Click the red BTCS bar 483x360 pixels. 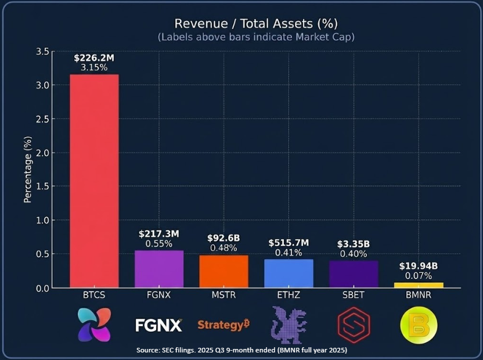tap(94, 181)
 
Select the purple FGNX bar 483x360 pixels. tap(159, 269)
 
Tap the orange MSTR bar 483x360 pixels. tap(224, 271)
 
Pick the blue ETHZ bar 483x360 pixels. tap(289, 273)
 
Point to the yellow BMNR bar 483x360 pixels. tap(418, 285)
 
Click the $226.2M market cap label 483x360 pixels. tap(94, 57)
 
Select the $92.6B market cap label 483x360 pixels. tap(224, 238)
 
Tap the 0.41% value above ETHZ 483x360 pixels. tap(289, 253)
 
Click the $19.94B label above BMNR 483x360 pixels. tap(418, 266)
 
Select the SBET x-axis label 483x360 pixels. tap(353, 295)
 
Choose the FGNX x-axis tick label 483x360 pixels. tap(159, 295)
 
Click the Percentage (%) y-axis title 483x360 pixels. tap(28, 170)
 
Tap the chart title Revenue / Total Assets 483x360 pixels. tap(256, 23)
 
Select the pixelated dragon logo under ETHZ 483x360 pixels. tap(289, 325)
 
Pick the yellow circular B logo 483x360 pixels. tap(419, 325)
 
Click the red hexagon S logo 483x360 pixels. tap(354, 325)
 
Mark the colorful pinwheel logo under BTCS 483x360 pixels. tap(94, 325)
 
